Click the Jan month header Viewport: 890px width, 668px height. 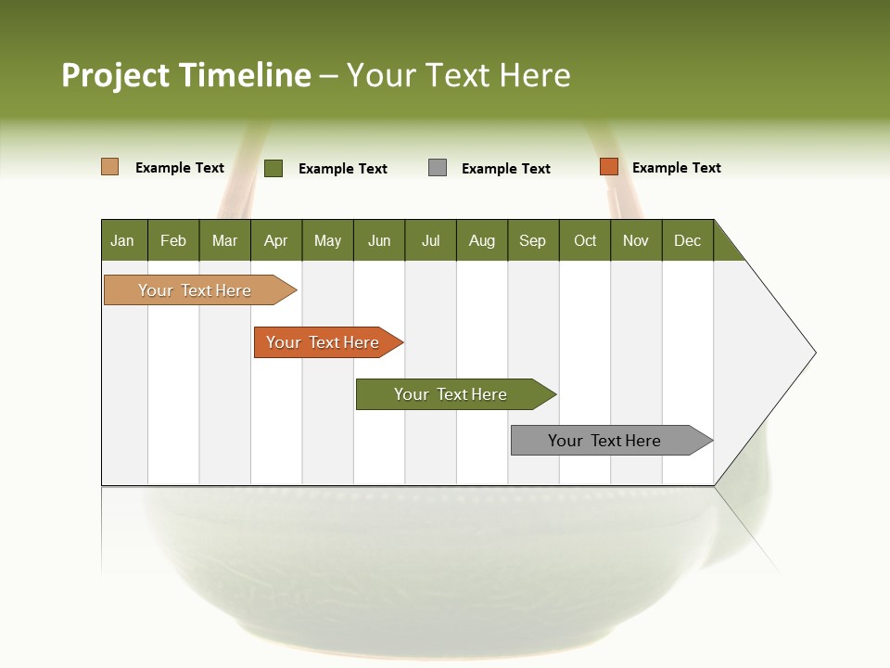(123, 240)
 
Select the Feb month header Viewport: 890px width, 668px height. (173, 240)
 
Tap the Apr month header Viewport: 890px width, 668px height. (276, 240)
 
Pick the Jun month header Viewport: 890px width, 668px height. (379, 240)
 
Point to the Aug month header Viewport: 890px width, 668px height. (482, 240)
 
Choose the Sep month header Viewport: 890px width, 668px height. (533, 240)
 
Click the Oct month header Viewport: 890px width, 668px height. (585, 240)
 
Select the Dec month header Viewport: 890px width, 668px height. (688, 240)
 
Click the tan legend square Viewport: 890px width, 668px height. (110, 167)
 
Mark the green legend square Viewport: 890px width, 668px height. (273, 168)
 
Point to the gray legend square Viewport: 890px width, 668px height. (438, 168)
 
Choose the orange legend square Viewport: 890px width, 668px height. (608, 167)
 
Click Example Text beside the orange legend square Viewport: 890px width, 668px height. (677, 168)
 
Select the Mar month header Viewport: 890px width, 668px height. (224, 240)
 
